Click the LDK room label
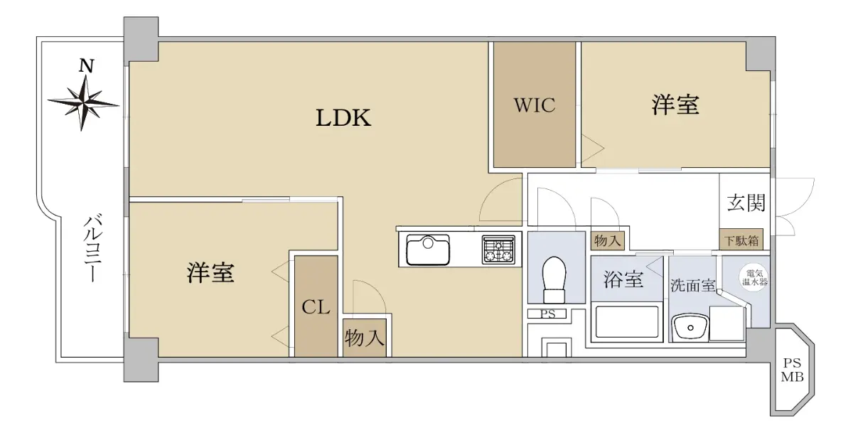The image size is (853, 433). (343, 118)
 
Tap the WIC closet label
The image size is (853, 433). (535, 105)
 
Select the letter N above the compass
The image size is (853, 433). (86, 66)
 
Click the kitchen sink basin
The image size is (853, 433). (428, 250)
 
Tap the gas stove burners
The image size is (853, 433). (498, 250)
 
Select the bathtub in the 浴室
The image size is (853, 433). (626, 322)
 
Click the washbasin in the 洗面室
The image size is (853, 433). (690, 328)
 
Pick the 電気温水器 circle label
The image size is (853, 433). (754, 277)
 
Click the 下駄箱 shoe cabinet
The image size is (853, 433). (741, 240)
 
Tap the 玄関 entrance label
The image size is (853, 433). (746, 203)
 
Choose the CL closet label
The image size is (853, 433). (316, 307)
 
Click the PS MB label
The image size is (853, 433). (792, 370)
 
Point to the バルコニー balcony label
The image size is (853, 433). (93, 249)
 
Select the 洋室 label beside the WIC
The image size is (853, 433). (675, 105)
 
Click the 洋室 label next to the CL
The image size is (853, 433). (210, 273)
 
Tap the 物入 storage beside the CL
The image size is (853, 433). (365, 338)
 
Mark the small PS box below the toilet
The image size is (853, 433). (547, 314)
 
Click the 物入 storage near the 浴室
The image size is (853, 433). (607, 241)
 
